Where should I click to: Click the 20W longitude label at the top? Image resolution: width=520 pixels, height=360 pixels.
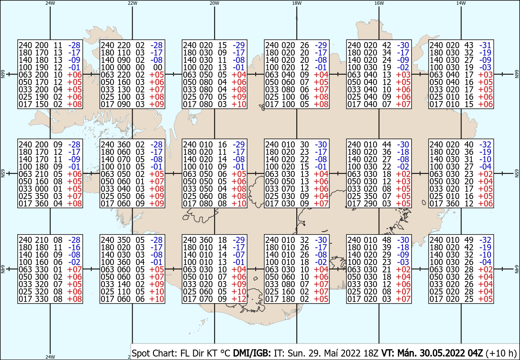(x=214, y=3)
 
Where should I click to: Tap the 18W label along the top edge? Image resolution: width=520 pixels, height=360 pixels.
(x=297, y=3)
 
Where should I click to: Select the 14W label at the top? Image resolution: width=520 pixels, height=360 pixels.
(x=461, y=3)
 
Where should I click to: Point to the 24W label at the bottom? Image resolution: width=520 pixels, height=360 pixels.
(x=50, y=357)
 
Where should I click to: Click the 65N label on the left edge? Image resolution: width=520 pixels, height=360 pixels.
(x=3, y=173)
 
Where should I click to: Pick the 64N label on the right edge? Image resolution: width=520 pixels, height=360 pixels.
(x=517, y=269)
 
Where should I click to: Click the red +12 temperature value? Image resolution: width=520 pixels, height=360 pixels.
(x=239, y=299)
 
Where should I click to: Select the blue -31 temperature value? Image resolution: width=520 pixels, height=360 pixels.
(x=485, y=45)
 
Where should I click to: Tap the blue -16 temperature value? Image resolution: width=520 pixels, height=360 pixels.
(x=74, y=247)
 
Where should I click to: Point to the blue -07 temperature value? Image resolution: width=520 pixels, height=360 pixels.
(x=239, y=255)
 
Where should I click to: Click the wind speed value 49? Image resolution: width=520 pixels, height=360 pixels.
(x=469, y=240)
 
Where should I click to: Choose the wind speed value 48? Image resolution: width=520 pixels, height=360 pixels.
(x=387, y=240)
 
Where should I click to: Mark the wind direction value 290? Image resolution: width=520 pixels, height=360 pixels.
(x=370, y=203)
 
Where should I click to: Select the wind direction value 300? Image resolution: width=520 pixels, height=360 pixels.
(x=42, y=277)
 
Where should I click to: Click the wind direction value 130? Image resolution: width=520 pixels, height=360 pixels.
(x=124, y=89)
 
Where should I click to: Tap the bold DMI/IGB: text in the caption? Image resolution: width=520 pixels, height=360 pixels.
(x=252, y=353)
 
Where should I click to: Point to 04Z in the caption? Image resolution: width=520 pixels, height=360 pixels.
(x=475, y=353)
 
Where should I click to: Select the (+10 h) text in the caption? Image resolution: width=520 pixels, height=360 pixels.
(x=501, y=353)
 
